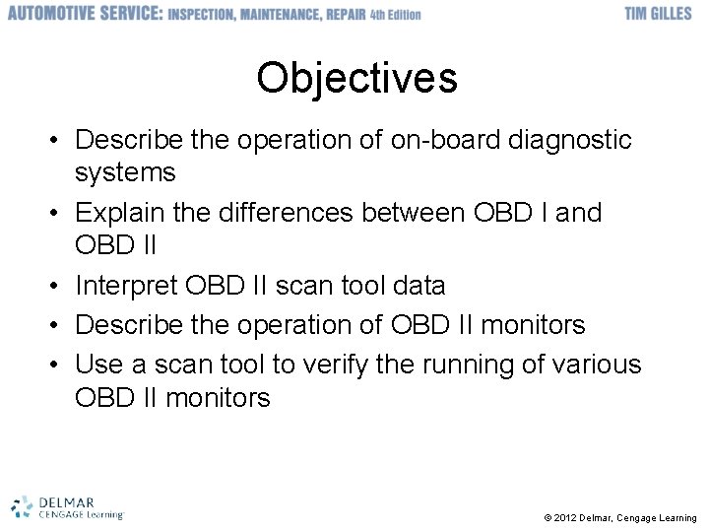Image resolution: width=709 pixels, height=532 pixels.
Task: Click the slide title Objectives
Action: point(356,78)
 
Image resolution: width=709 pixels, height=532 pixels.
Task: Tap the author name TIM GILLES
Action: point(658,15)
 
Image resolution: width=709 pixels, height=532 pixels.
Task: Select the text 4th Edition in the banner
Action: point(395,15)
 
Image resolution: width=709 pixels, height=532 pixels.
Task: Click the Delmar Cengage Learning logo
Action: point(67,506)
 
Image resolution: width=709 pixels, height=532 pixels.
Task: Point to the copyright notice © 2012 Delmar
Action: point(619,518)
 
